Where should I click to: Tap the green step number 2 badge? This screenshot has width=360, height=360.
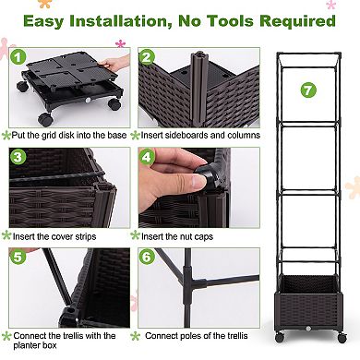point(147,56)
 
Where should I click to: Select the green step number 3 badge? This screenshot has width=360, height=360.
point(18,156)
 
